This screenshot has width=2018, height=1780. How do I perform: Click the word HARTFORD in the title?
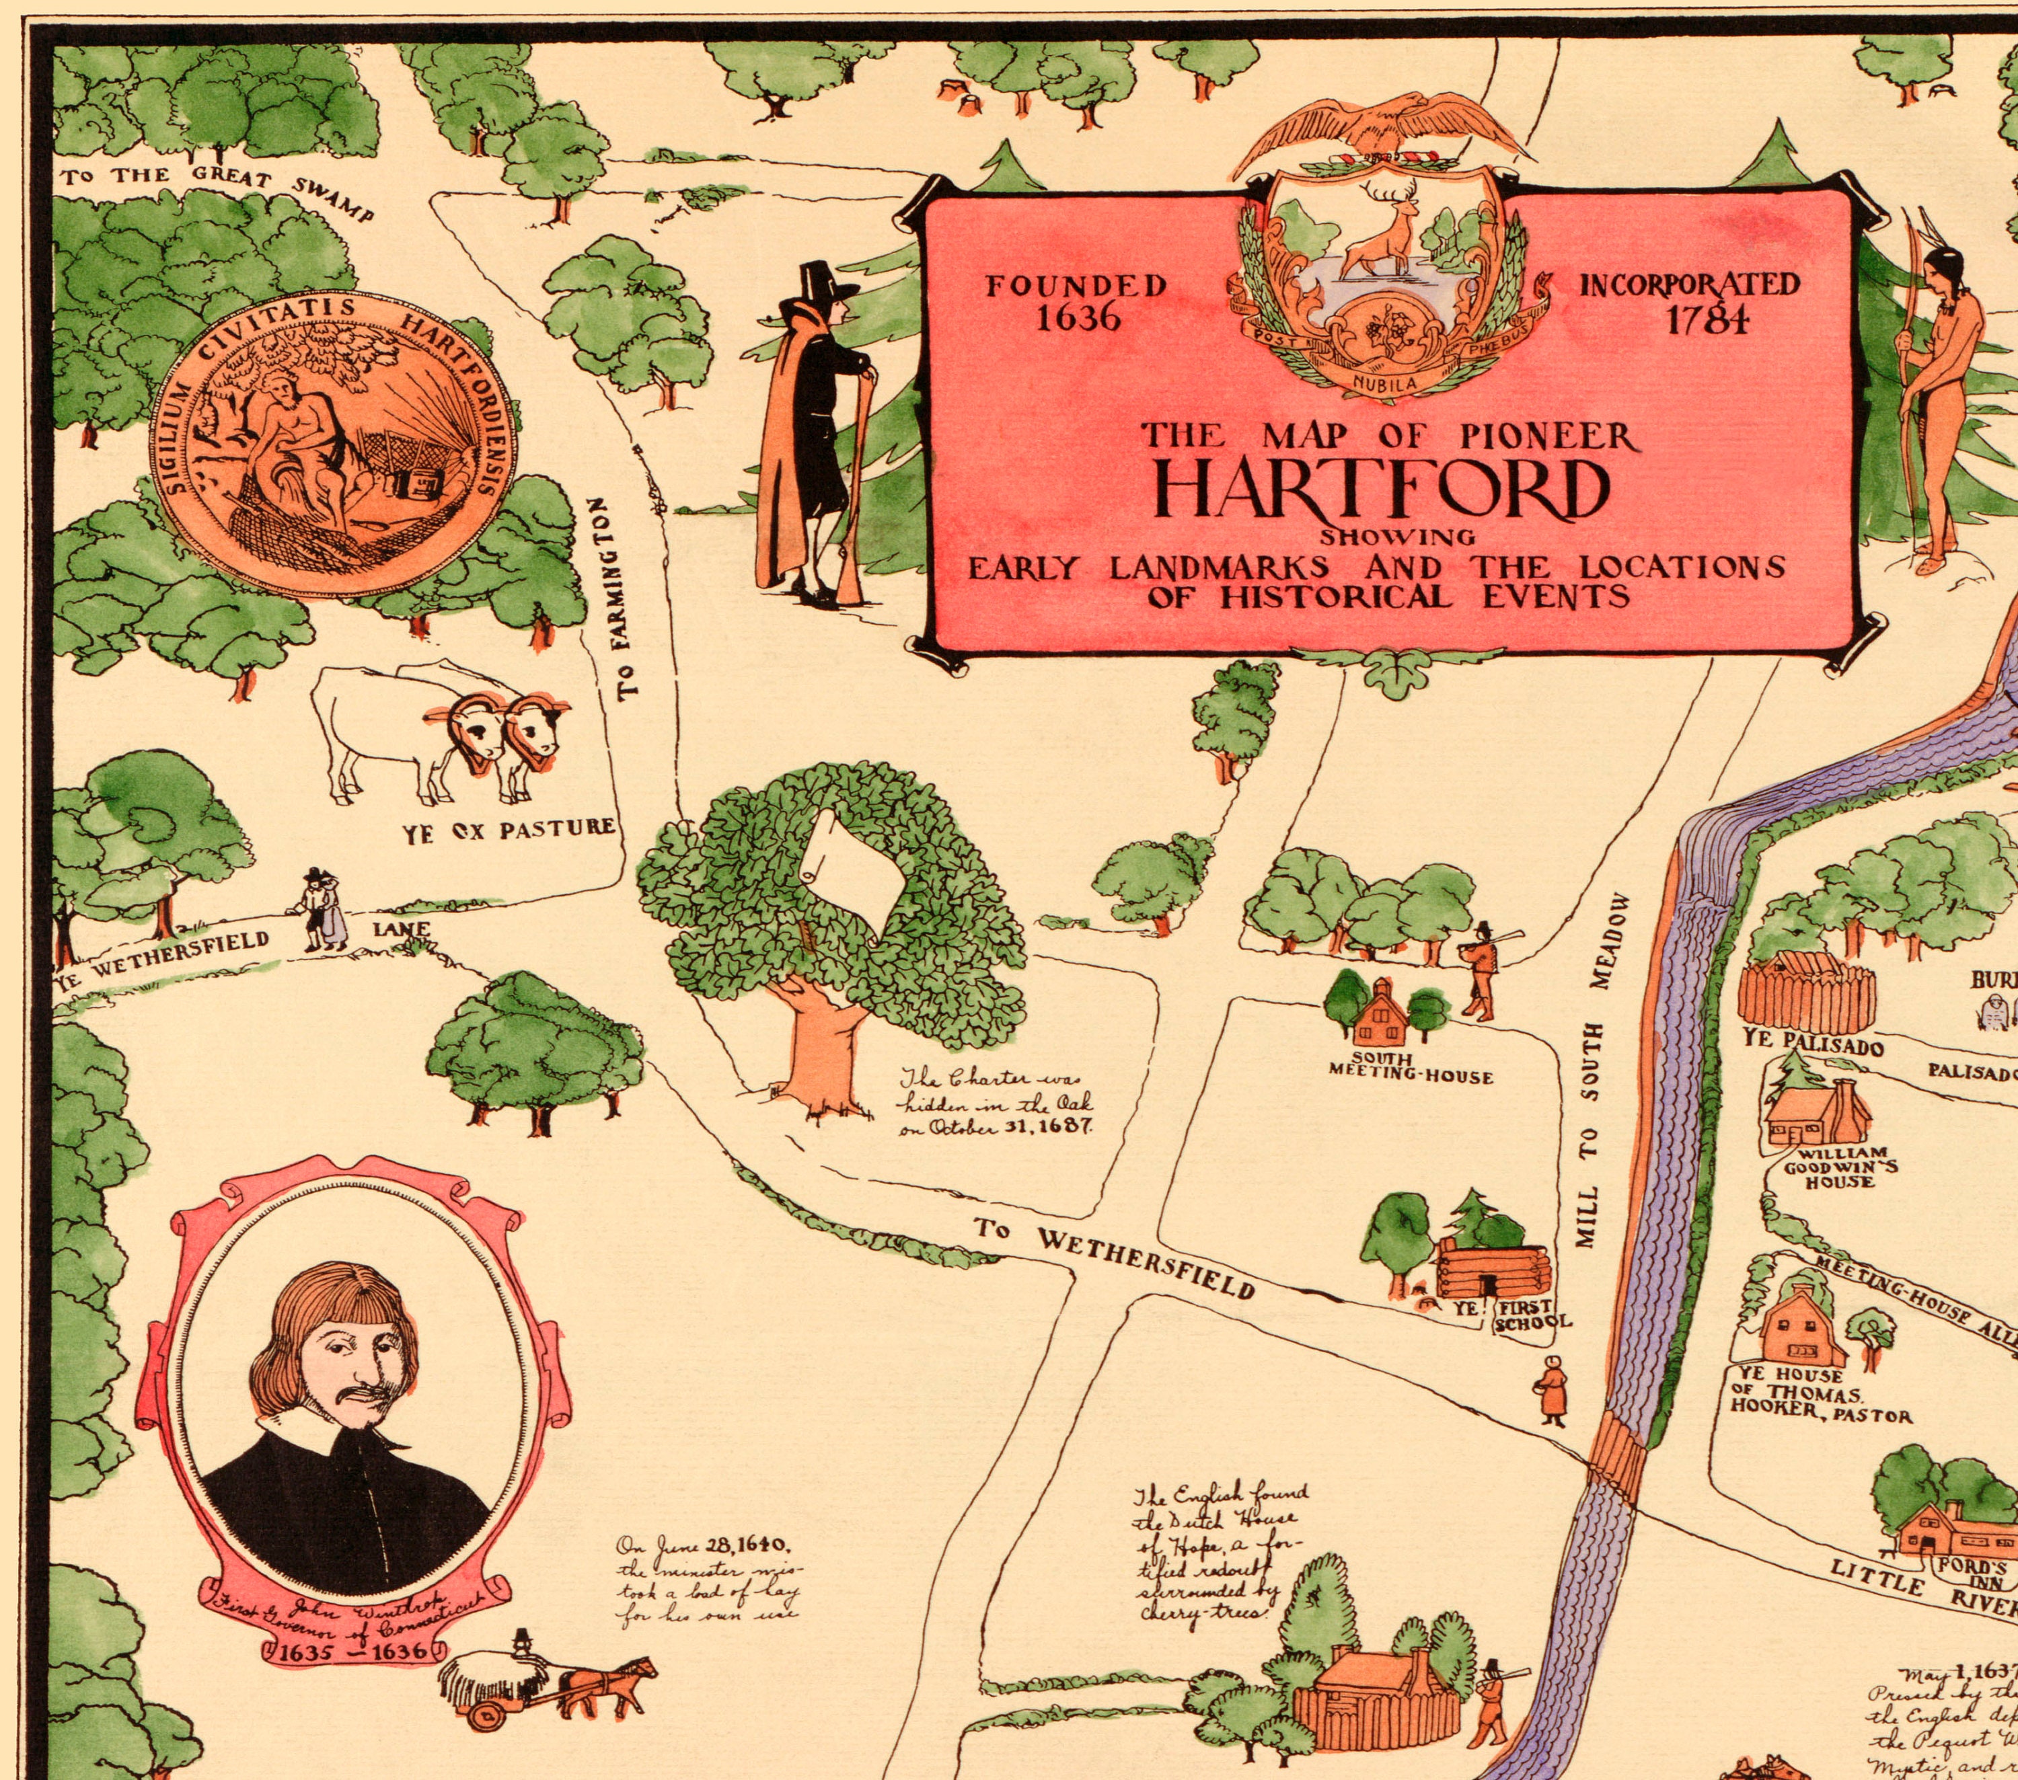pyautogui.click(x=1382, y=491)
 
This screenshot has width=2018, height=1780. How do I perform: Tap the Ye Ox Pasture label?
pyautogui.click(x=509, y=829)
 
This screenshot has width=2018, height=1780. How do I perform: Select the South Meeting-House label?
pyautogui.click(x=1410, y=1067)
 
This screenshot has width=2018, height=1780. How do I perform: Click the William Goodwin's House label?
pyautogui.click(x=1839, y=1167)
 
